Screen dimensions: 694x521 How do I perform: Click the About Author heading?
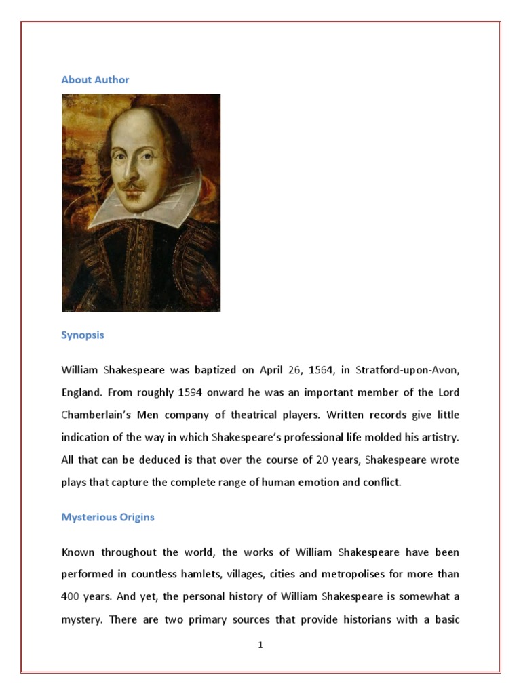tap(95, 80)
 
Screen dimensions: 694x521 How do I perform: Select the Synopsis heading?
tap(83, 335)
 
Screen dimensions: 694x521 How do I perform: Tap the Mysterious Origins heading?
tap(108, 517)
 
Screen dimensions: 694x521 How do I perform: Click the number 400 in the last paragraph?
tap(71, 597)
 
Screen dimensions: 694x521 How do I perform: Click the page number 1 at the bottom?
tap(260, 645)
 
